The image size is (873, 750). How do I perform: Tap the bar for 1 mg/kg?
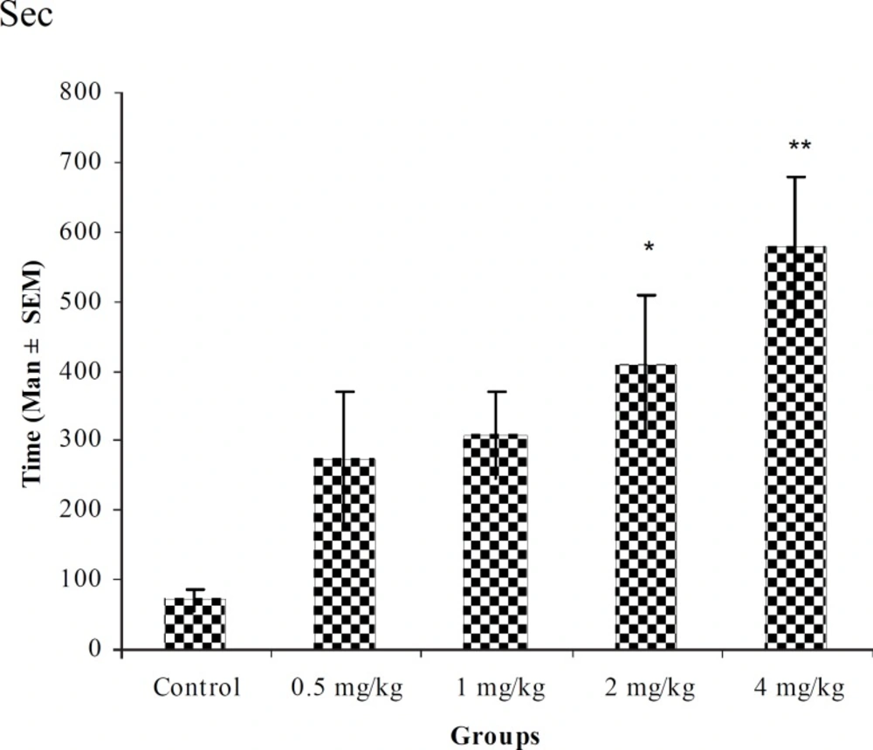495,541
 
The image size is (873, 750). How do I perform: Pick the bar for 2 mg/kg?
646,506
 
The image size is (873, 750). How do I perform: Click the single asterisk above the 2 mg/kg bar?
649,248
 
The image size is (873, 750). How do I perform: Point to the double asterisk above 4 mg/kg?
799,146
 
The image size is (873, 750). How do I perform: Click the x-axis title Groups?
495,736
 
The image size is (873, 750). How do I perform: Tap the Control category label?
196,689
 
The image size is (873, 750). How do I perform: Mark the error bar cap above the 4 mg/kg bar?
795,177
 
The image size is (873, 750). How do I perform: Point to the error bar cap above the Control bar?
194,589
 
